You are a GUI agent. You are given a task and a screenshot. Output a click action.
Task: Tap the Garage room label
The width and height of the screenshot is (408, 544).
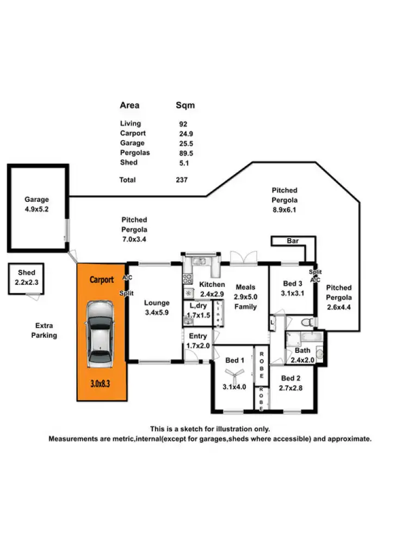(36, 200)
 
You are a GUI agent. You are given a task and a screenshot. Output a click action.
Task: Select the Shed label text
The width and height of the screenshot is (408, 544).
(27, 273)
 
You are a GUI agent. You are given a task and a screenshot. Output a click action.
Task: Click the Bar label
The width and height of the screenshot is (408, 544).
(293, 240)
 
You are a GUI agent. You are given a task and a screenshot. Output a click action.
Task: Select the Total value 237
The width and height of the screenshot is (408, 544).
(182, 180)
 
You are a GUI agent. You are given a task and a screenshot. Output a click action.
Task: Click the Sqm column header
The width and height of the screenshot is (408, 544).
(185, 106)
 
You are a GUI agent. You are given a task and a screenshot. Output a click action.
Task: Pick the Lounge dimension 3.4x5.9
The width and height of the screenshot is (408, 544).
(157, 312)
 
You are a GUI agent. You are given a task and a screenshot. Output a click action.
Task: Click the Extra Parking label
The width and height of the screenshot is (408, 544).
(44, 330)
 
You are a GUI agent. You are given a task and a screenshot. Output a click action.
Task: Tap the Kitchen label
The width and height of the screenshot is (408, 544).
(212, 285)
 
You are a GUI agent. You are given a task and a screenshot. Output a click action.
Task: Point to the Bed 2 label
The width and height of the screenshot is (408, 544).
(291, 378)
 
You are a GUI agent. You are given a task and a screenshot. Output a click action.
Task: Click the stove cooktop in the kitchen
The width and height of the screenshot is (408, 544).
(187, 279)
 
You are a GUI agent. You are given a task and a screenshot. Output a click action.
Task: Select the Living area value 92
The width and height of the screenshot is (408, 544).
(183, 124)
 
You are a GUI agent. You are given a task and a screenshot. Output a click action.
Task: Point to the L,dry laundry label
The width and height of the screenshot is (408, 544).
(197, 306)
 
